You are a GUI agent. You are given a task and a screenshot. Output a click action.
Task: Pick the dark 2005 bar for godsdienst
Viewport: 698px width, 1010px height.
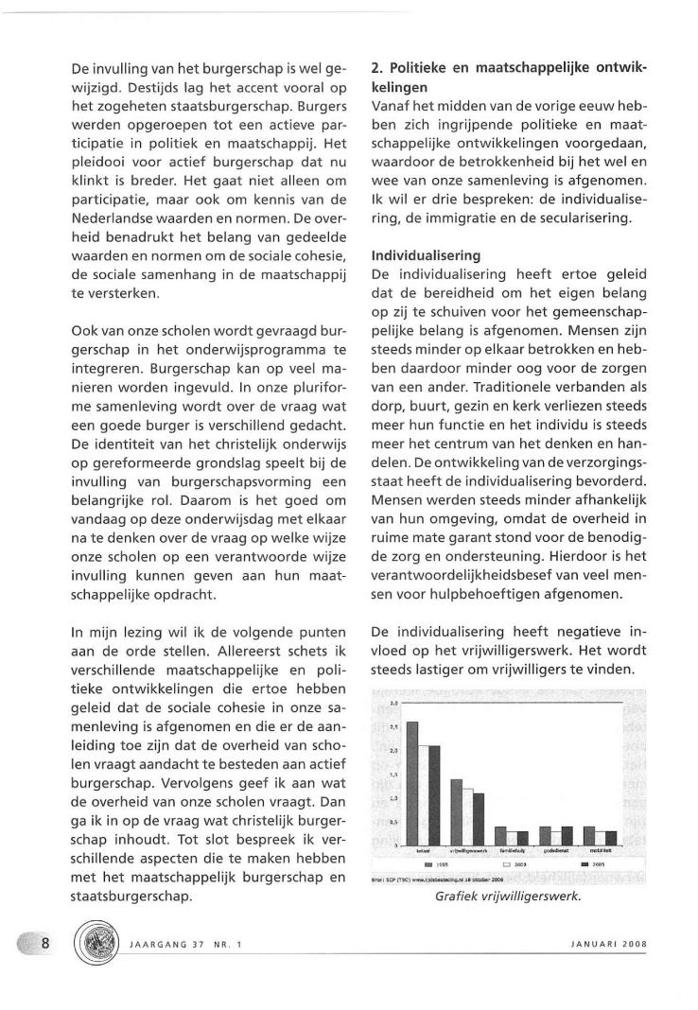(x=567, y=836)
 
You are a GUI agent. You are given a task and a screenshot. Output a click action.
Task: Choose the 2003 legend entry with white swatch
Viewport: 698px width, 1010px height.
(x=513, y=864)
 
